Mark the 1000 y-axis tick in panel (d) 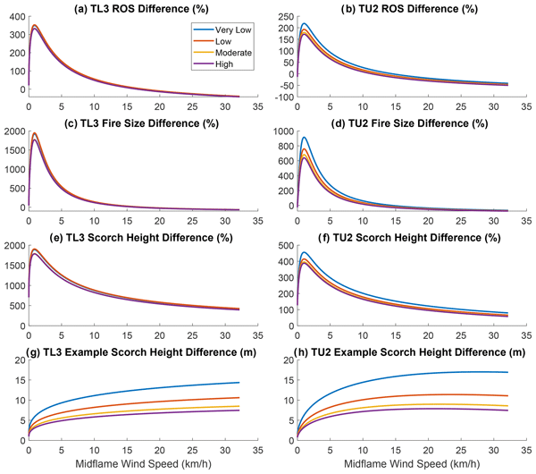coord(281,131)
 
